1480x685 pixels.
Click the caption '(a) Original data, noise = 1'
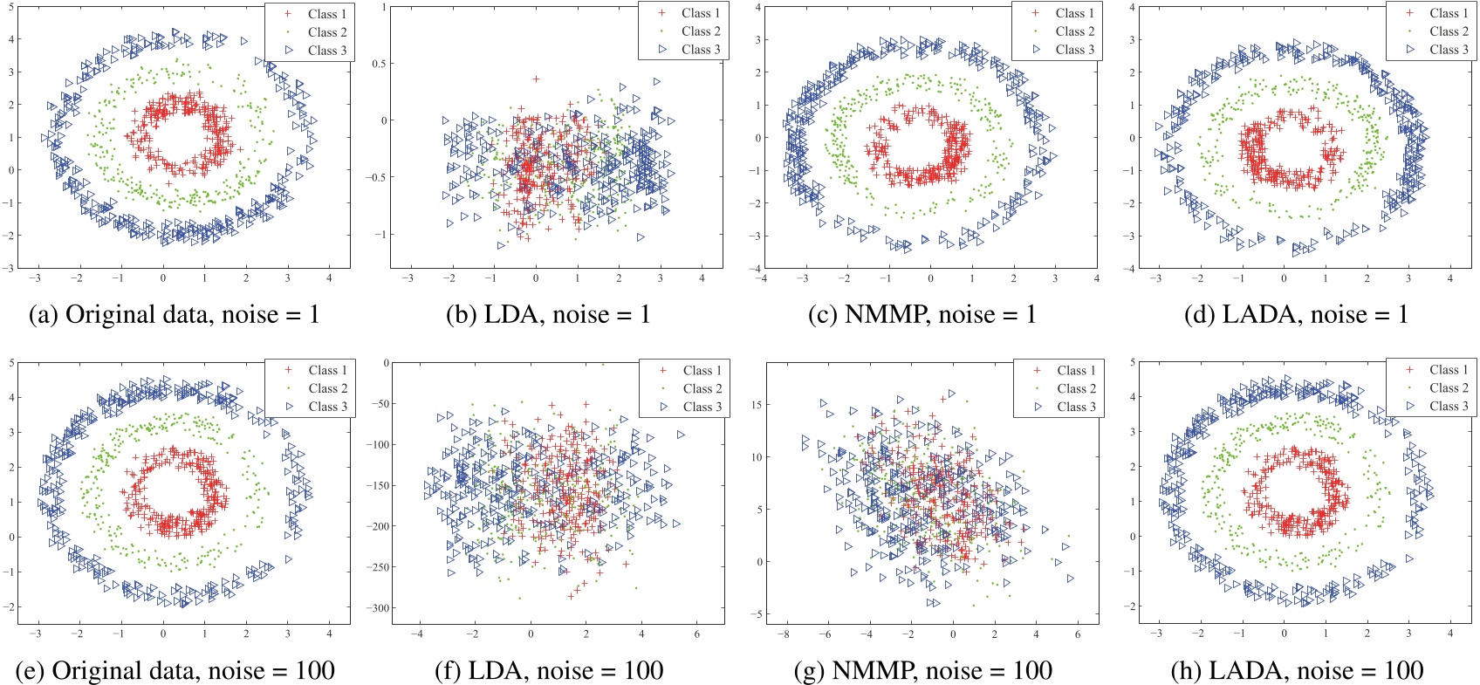click(175, 314)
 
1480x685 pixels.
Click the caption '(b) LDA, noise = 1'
click(548, 314)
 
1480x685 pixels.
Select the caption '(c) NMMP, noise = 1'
click(922, 314)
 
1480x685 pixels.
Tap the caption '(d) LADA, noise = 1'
click(1296, 314)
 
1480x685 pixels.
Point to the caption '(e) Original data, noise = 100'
click(175, 670)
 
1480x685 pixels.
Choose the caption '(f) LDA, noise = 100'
click(549, 670)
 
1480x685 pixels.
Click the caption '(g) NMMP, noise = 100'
click(923, 670)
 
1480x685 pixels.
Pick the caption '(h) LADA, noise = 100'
click(1297, 670)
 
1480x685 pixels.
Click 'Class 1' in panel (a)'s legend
click(327, 14)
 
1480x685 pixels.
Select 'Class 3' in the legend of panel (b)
click(702, 50)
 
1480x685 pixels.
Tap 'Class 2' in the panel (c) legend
click(1075, 31)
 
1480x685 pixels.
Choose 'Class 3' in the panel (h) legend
click(1449, 406)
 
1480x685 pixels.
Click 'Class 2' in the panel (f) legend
click(702, 388)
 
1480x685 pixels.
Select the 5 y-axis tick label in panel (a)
click(11, 6)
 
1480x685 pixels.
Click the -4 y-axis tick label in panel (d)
click(1130, 269)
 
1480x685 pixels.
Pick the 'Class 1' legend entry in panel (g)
click(1076, 370)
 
